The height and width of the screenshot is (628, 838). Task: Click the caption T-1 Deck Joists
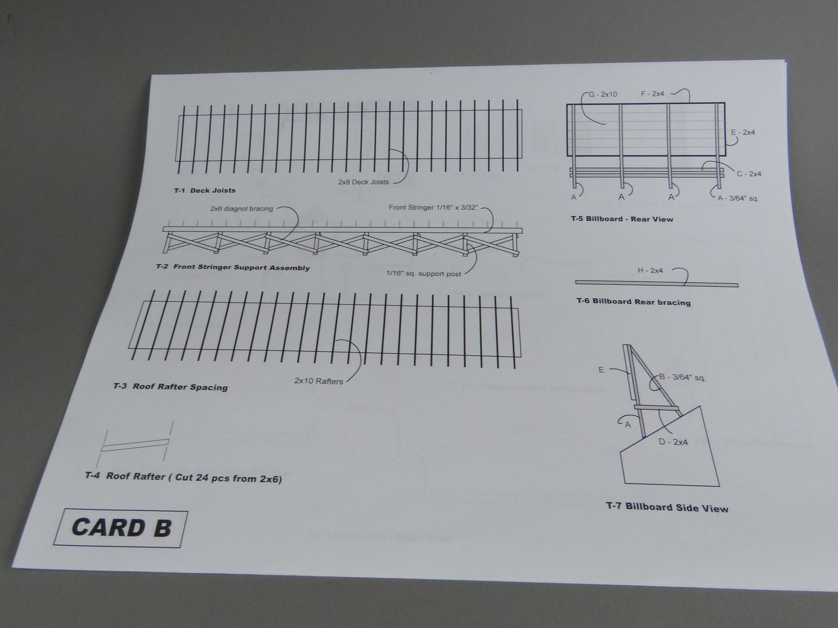tap(205, 190)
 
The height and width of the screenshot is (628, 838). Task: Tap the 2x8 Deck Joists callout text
tap(363, 182)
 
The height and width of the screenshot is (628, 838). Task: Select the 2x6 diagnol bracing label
tap(241, 209)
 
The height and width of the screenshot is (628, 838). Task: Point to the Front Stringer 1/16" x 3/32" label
tap(433, 207)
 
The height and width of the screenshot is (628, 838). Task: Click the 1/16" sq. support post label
tap(423, 273)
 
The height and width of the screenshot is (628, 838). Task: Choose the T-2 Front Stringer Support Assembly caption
tap(233, 267)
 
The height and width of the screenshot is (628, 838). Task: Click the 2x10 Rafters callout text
tap(318, 381)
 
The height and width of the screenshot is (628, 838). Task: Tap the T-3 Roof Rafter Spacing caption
tap(170, 387)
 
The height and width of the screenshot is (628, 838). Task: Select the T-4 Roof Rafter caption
tap(183, 477)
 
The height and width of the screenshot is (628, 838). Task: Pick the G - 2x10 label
tap(602, 94)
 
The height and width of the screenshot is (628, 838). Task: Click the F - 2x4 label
tap(653, 94)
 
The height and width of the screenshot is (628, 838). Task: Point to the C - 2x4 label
tap(748, 174)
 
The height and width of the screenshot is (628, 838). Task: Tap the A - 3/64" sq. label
tap(738, 198)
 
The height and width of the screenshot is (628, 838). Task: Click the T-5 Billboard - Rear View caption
tap(622, 219)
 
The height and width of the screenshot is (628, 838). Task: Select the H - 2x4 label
tap(650, 271)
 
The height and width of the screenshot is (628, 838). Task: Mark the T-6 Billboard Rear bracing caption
tap(633, 302)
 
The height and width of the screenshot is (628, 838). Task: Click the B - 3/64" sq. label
tap(682, 377)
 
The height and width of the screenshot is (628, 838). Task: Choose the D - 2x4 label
tap(673, 442)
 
